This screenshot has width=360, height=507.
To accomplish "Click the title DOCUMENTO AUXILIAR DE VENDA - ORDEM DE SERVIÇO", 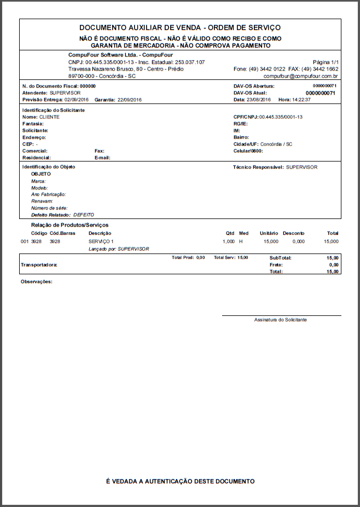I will [180, 27].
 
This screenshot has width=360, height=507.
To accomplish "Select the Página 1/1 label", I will [326, 62].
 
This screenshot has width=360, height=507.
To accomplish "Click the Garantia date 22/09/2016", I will [130, 100].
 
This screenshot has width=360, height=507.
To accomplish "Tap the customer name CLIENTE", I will [49, 117].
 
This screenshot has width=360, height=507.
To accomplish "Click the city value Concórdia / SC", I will [276, 144].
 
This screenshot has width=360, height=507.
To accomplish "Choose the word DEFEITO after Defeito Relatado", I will [84, 215].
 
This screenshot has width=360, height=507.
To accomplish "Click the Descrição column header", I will [100, 233].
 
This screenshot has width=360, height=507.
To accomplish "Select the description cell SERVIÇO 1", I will [101, 241].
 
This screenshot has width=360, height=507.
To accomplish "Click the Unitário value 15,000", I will [270, 241].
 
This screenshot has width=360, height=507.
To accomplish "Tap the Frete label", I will [276, 264].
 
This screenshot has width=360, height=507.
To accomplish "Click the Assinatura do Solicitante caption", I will [281, 320].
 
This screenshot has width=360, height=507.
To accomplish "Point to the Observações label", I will [37, 281].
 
